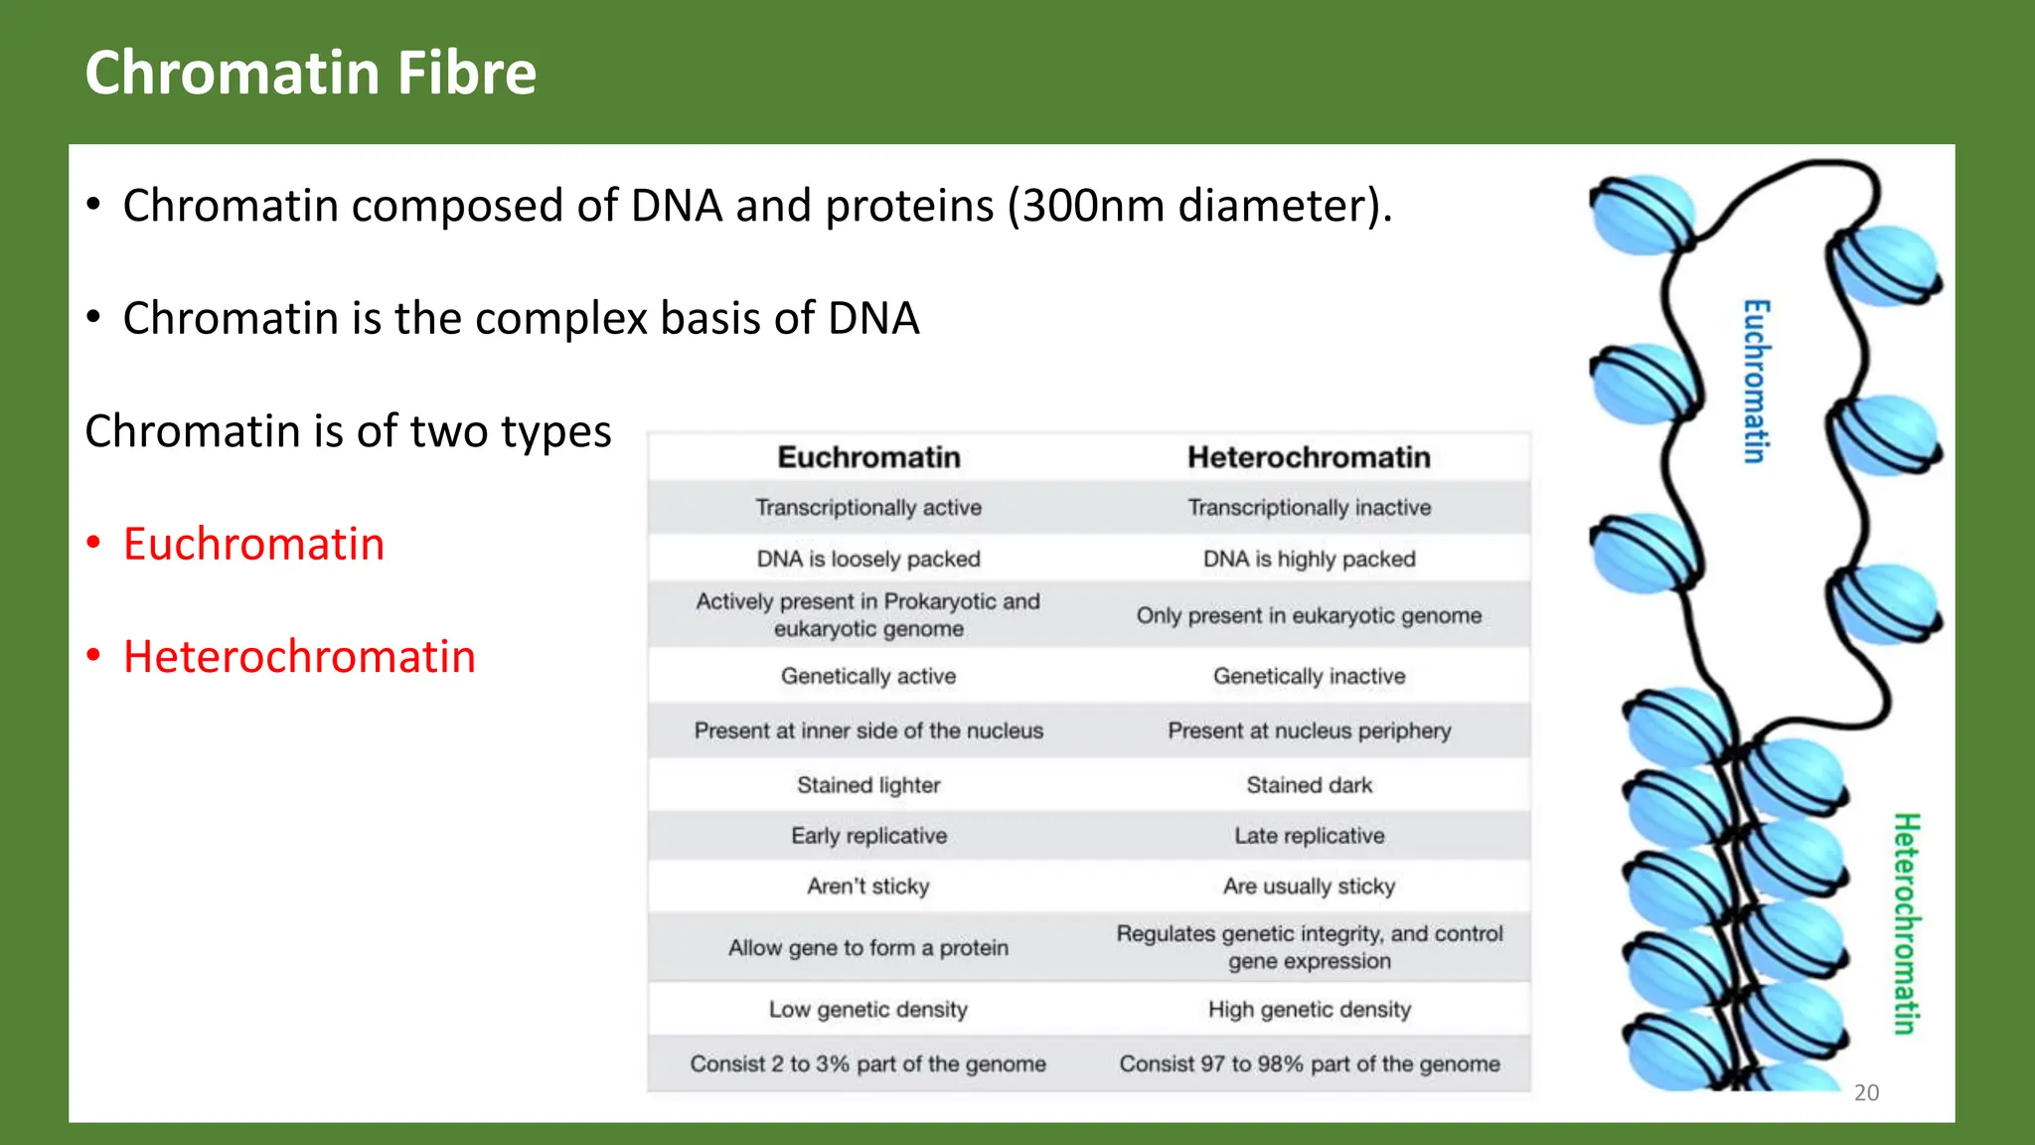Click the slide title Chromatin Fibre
(x=310, y=73)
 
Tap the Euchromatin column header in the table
(x=868, y=457)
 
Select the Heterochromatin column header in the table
(x=1309, y=457)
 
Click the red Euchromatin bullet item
(x=253, y=544)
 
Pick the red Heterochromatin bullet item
(x=299, y=657)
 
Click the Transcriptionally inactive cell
(x=1309, y=508)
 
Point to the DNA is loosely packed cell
(x=868, y=559)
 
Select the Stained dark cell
(x=1309, y=785)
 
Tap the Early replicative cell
(x=868, y=836)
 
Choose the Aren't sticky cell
(x=868, y=886)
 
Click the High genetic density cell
(x=1309, y=1010)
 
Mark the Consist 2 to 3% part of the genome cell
(x=868, y=1063)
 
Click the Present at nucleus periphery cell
(x=1309, y=731)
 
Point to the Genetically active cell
(x=868, y=676)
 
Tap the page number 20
(x=1866, y=1092)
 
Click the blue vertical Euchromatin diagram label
(x=1756, y=381)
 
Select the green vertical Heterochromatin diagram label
(x=1905, y=923)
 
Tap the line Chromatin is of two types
(x=348, y=431)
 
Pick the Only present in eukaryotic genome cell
(x=1309, y=615)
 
